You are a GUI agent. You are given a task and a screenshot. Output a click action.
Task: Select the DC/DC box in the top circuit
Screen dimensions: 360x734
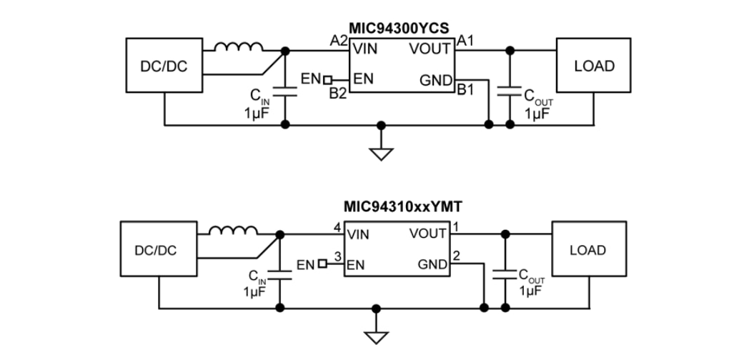coord(164,66)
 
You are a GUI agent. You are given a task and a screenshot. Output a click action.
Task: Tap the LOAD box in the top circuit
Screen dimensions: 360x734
coord(594,66)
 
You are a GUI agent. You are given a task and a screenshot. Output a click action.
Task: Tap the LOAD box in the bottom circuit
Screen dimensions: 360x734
coord(587,250)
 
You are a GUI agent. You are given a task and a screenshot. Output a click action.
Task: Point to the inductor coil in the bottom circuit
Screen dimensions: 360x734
coord(233,231)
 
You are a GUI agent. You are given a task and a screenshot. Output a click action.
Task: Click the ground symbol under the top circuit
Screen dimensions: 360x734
coord(381,151)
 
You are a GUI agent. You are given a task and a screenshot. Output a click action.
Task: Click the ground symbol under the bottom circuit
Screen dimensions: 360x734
coord(375,336)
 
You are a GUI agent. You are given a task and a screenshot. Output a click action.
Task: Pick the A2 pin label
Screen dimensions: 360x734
coord(338,40)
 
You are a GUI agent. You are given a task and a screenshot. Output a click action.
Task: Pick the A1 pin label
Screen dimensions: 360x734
coord(466,40)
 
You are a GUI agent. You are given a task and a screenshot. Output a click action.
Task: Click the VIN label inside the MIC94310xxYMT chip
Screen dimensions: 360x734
coord(358,234)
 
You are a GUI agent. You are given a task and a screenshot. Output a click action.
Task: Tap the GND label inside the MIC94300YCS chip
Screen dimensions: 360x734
coord(435,81)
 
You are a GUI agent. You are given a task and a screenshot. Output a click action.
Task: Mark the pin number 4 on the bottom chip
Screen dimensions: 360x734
coord(337,227)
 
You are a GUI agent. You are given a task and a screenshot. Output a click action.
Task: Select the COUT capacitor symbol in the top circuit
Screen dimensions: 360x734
coord(510,91)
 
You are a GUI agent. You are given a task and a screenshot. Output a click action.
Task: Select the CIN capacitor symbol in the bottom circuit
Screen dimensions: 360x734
coord(279,275)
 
